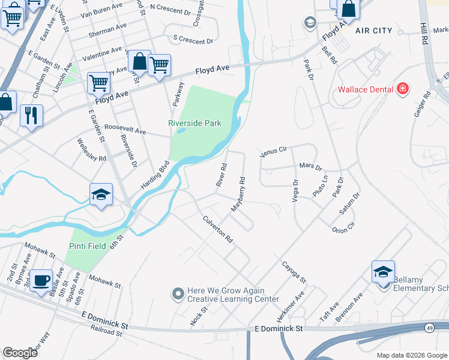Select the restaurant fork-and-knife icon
[x=31, y=115]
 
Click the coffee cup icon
[x=41, y=280]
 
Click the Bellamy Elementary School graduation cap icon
[x=383, y=271]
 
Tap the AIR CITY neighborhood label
[x=373, y=31]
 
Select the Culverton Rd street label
[x=217, y=229]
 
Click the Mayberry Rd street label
[x=238, y=194]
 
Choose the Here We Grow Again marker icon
[x=178, y=294]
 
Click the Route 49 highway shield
[x=430, y=328]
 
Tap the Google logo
[x=20, y=352]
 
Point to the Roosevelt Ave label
[x=125, y=130]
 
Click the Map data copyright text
[x=411, y=355]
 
